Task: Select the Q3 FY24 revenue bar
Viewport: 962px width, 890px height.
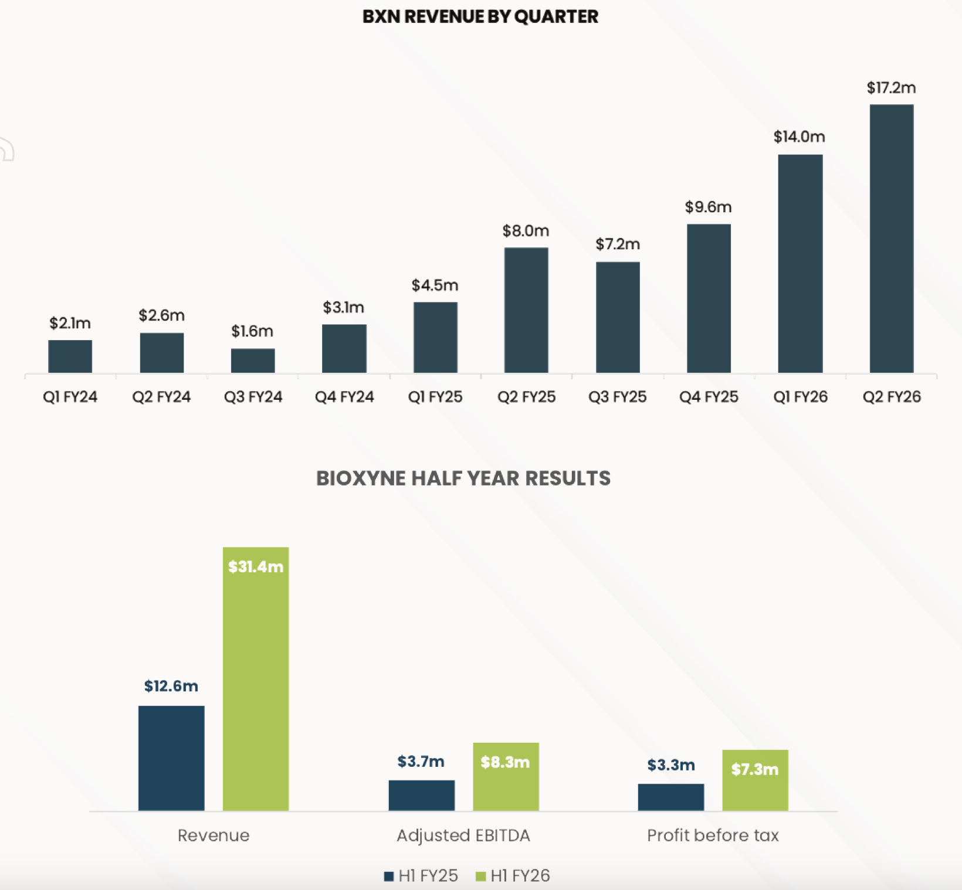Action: (x=253, y=361)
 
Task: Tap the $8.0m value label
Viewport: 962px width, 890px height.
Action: (x=526, y=231)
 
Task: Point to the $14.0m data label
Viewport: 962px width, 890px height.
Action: (x=799, y=137)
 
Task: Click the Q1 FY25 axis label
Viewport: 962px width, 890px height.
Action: (x=435, y=397)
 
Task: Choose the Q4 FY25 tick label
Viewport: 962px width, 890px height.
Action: (x=709, y=397)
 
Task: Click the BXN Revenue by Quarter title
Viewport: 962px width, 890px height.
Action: (x=480, y=16)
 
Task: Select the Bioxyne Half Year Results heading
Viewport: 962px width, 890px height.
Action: (x=463, y=478)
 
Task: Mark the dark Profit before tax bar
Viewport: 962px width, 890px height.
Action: (x=671, y=797)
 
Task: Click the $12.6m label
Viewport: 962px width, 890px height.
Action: (x=171, y=686)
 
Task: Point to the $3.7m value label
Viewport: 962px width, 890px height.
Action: (x=421, y=762)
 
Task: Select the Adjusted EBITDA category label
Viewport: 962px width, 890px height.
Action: (x=463, y=835)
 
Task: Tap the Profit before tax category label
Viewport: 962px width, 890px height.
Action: (x=713, y=835)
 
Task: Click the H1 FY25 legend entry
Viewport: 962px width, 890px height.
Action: (x=421, y=876)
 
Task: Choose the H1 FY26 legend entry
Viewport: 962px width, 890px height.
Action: (x=513, y=876)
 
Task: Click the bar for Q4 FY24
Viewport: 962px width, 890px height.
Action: (x=344, y=348)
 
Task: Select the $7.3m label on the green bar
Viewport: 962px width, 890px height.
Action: (x=754, y=769)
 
